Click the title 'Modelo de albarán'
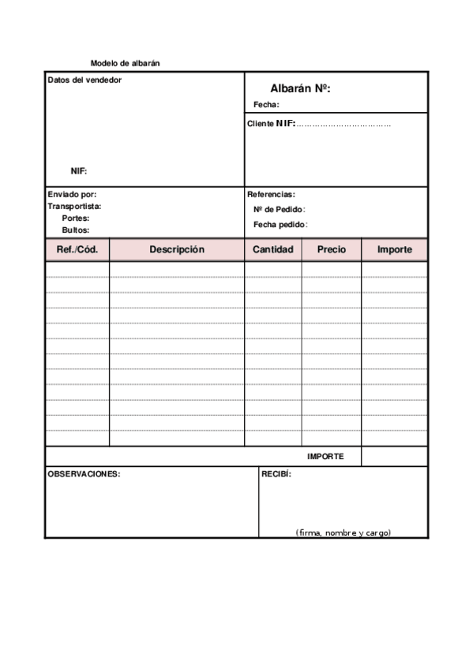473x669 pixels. coord(126,63)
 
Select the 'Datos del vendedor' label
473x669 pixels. coord(84,80)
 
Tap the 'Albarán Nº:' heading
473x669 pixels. coord(300,89)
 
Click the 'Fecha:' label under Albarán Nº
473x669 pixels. coord(267,105)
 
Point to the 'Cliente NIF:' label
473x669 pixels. coord(272,124)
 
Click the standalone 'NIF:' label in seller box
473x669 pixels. coord(79,171)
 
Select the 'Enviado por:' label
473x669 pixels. coord(72,194)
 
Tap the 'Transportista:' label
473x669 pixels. coord(74,207)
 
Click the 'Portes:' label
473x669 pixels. coord(76,219)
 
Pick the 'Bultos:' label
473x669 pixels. coord(76,230)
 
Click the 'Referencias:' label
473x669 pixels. coord(271,194)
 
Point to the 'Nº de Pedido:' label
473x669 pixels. coord(280,210)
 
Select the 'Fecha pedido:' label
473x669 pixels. coord(280,225)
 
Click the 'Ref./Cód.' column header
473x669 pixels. coord(77,249)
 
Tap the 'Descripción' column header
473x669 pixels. coord(177,249)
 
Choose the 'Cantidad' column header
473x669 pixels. coord(273,249)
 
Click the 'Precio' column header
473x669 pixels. coord(332,249)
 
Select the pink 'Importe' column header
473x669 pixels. coord(395,249)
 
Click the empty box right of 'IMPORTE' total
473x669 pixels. coord(395,457)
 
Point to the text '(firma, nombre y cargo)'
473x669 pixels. coord(343,533)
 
